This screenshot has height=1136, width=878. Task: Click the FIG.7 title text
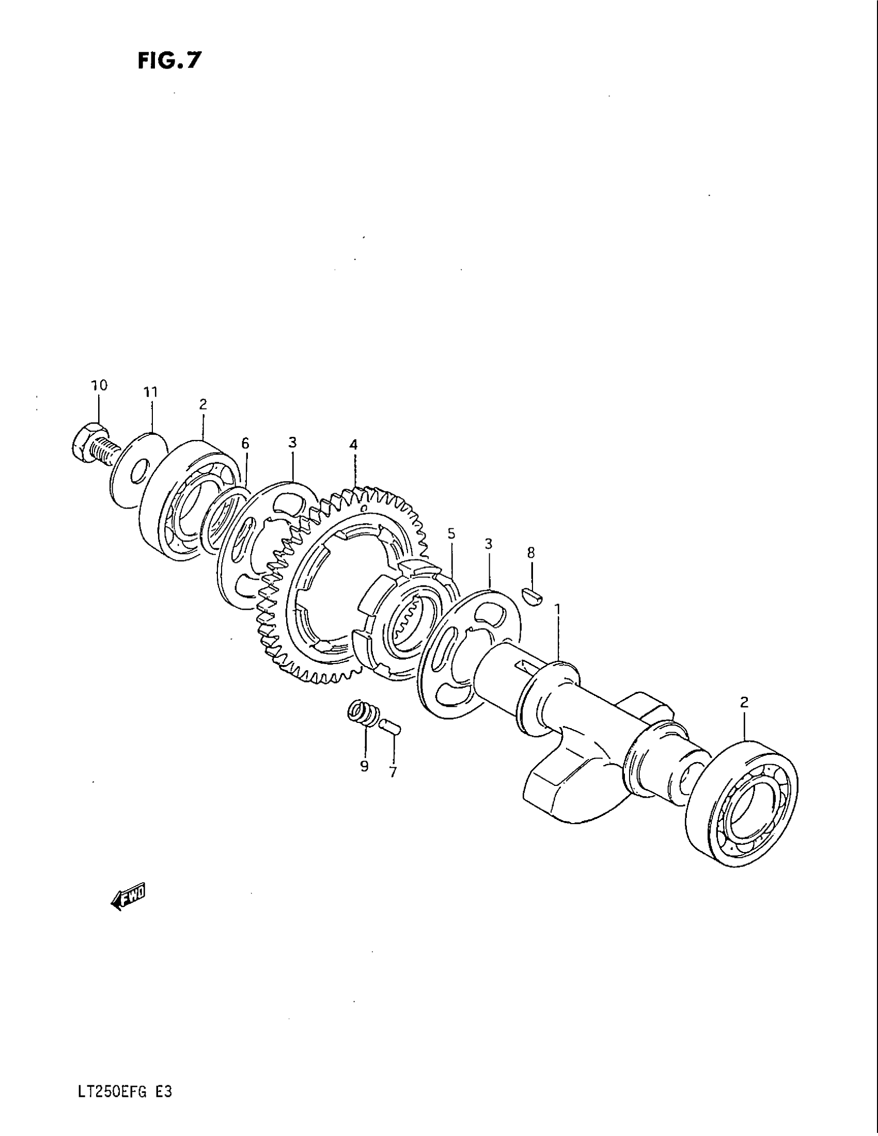tap(168, 61)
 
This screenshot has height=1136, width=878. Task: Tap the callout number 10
tap(99, 385)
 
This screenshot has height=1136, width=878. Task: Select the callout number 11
tap(150, 392)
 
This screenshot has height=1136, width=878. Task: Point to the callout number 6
tap(245, 443)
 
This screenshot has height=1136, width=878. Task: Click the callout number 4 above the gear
tap(354, 445)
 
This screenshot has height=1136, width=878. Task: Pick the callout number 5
tap(451, 534)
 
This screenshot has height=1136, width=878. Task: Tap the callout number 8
tap(530, 553)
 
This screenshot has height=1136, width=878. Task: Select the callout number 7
tap(393, 772)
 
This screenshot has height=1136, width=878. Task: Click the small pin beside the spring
tap(389, 725)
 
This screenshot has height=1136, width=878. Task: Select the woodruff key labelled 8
tap(532, 595)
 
